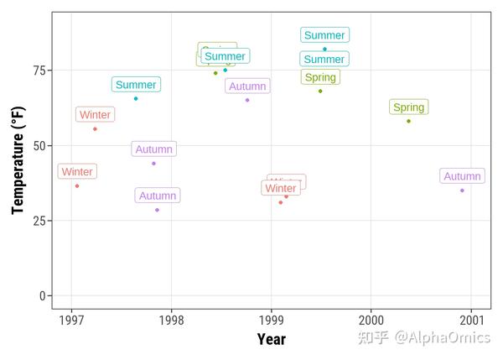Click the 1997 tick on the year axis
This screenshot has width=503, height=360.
pyautogui.click(x=71, y=320)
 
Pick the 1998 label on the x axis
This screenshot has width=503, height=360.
pyautogui.click(x=171, y=320)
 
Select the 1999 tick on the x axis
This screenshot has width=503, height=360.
pyautogui.click(x=271, y=320)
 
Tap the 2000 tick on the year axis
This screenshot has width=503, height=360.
pyautogui.click(x=371, y=320)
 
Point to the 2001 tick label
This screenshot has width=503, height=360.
pyautogui.click(x=470, y=320)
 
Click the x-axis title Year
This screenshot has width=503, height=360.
pyautogui.click(x=271, y=339)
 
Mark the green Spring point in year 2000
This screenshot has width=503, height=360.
pyautogui.click(x=408, y=121)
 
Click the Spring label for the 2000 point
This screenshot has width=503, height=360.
pyautogui.click(x=409, y=107)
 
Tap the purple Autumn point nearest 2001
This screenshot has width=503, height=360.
pyautogui.click(x=462, y=190)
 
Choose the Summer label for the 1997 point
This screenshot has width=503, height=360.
pyautogui.click(x=136, y=85)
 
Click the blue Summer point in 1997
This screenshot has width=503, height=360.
pyautogui.click(x=136, y=98)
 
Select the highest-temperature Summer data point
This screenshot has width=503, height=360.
pyautogui.click(x=324, y=49)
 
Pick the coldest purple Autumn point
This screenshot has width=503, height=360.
pyautogui.click(x=157, y=210)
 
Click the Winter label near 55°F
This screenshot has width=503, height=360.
pyautogui.click(x=95, y=115)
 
